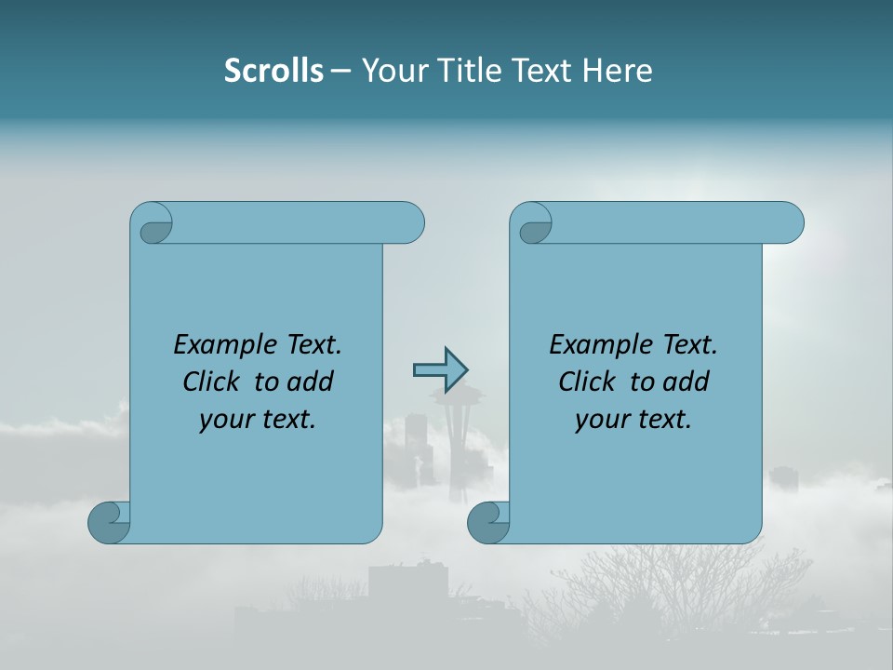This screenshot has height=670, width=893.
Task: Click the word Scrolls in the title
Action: tap(273, 71)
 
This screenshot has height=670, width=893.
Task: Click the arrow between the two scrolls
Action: tap(440, 369)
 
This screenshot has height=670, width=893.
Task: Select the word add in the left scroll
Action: tap(312, 382)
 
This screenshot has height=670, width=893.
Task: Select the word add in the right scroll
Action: tap(687, 382)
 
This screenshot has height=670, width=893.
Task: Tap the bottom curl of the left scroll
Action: tap(108, 521)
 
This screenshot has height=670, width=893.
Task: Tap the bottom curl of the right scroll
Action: tap(487, 521)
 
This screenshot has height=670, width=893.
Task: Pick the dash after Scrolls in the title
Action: tap(340, 72)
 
